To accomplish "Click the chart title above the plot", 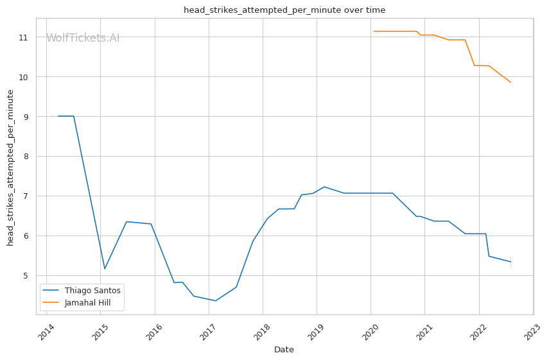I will click(284, 10).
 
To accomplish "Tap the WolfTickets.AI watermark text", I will click(83, 39).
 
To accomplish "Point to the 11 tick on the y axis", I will click(24, 38).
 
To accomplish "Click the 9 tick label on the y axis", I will click(26, 117).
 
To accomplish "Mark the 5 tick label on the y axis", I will click(26, 276).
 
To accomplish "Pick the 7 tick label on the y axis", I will click(26, 196).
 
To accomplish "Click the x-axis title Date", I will click(284, 350).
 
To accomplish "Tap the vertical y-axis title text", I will click(11, 167).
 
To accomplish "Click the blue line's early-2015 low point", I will click(105, 269).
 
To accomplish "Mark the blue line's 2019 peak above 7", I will click(324, 187).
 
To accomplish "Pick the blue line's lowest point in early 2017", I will click(215, 301).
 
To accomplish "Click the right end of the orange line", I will click(511, 82).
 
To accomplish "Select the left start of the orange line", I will click(374, 31).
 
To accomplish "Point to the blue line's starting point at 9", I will click(58, 116).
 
